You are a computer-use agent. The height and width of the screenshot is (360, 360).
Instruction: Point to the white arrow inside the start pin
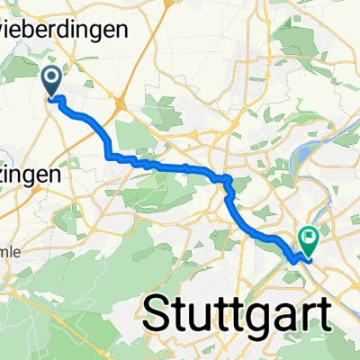[50, 78]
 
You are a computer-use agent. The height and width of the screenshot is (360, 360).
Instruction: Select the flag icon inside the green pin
[309, 238]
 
